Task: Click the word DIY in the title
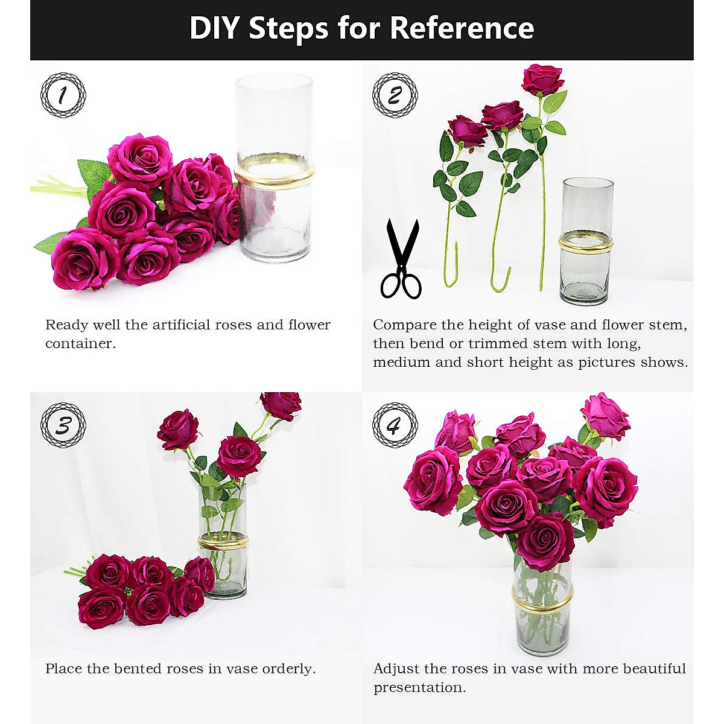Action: tap(214, 28)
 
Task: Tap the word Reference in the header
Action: tap(462, 28)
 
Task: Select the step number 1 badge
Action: tap(63, 95)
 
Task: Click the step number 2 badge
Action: tap(395, 95)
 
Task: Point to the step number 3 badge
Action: tap(63, 425)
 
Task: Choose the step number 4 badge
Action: tap(395, 425)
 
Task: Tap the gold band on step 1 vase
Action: tap(275, 176)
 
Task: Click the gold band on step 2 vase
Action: tap(585, 243)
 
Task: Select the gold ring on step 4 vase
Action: tap(542, 599)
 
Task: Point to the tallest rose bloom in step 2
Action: tap(542, 78)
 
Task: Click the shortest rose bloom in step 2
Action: tap(466, 131)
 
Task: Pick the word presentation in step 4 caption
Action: tap(419, 688)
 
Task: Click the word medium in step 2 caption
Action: tap(402, 363)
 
